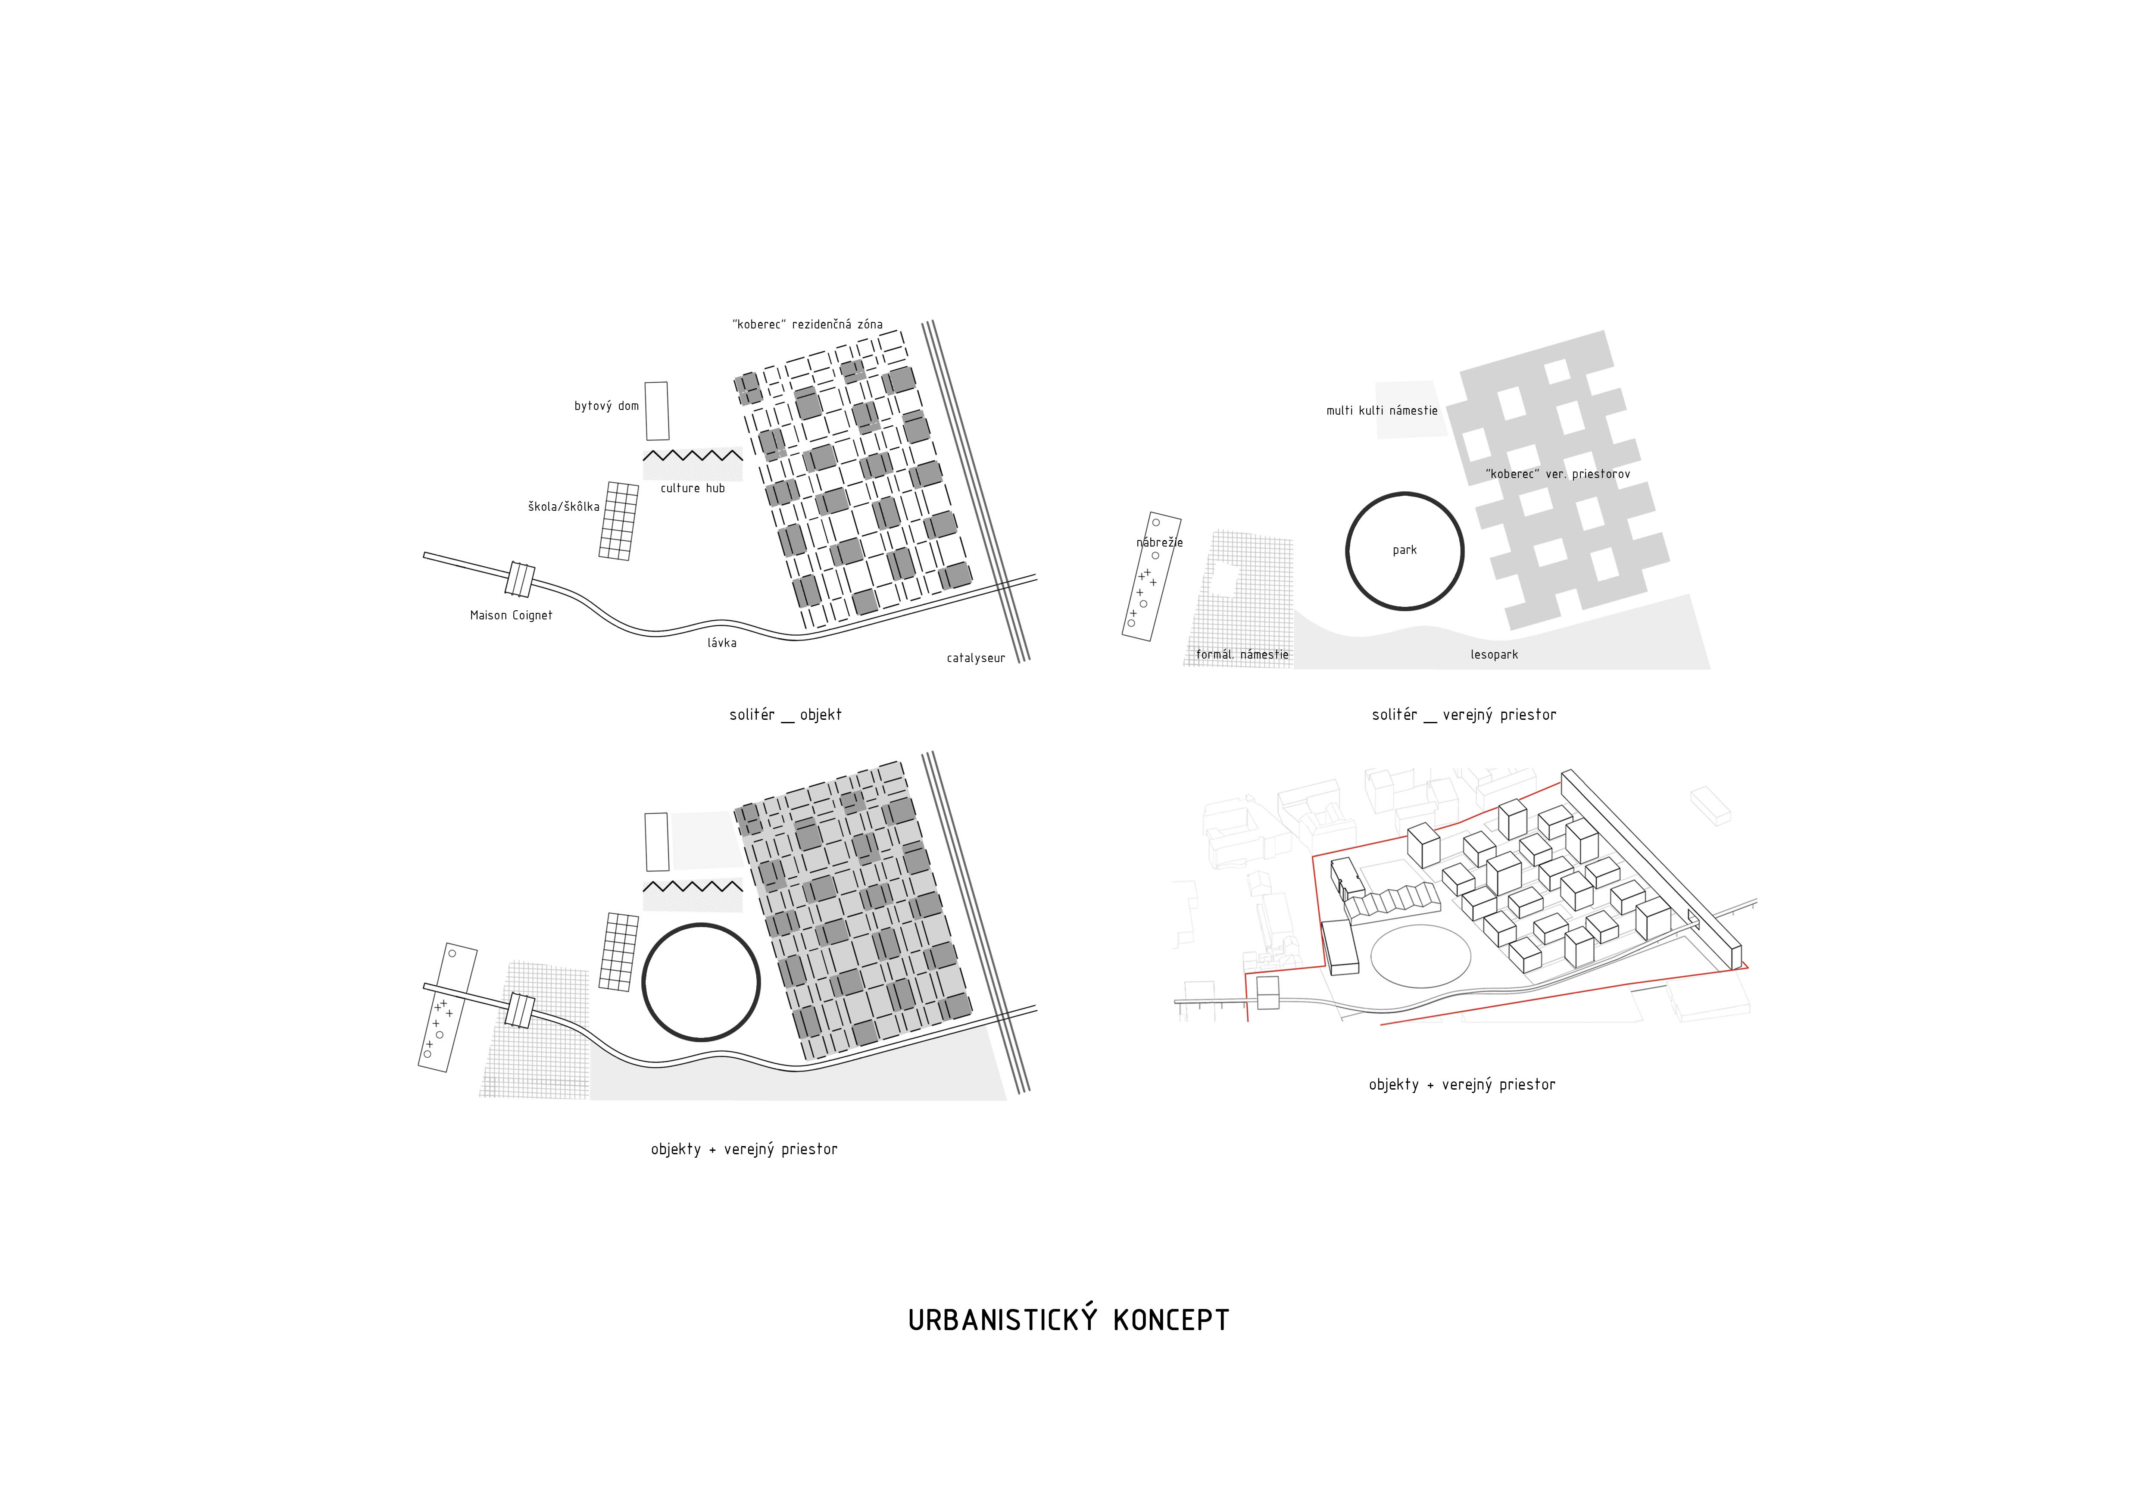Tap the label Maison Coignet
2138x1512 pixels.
tap(511, 615)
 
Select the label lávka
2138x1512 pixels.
tap(722, 642)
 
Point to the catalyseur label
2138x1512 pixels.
tap(976, 658)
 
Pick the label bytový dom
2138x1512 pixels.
tap(606, 406)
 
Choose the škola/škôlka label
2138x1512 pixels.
tap(563, 506)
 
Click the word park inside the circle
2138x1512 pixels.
tap(1404, 550)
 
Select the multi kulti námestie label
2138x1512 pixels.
tap(1382, 411)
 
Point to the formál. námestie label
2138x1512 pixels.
tap(1242, 655)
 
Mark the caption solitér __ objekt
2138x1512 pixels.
tap(785, 715)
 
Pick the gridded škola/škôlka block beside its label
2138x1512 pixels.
tap(618, 520)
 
